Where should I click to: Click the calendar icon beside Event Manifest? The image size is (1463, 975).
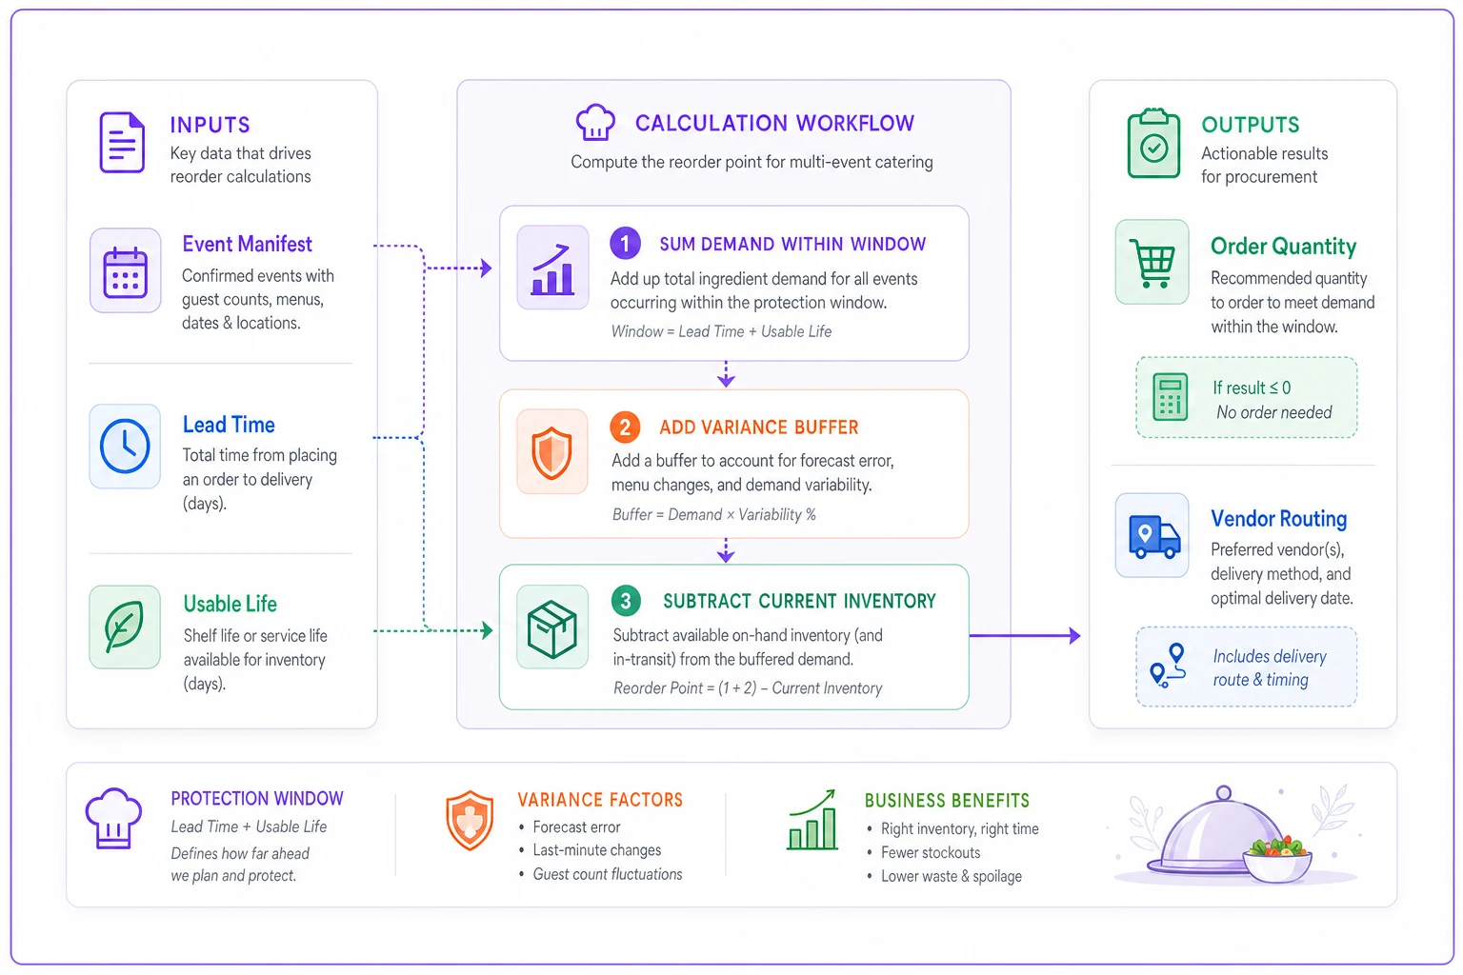click(125, 271)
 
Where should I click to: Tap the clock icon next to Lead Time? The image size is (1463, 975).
click(125, 446)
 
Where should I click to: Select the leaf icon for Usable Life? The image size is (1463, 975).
click(124, 627)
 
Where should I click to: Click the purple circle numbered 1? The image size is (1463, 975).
click(625, 244)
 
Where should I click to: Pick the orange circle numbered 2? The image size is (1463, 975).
click(625, 428)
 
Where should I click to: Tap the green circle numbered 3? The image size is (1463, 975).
click(626, 601)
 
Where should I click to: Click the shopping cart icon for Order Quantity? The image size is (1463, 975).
click(1152, 263)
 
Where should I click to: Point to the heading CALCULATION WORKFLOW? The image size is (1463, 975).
click(774, 123)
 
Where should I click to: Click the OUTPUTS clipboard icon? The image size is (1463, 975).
click(1153, 143)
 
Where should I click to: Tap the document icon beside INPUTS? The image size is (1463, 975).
click(122, 143)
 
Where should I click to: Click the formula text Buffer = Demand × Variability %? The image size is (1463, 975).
click(713, 514)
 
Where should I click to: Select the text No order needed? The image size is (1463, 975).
click(1273, 412)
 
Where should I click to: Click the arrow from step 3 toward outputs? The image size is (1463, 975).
click(1025, 635)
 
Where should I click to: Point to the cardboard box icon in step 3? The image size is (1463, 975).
click(551, 627)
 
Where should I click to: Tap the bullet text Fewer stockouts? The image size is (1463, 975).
click(930, 852)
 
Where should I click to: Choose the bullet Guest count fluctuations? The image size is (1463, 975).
click(608, 874)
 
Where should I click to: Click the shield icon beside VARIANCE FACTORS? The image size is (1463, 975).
click(470, 820)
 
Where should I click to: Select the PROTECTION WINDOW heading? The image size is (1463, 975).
click(256, 798)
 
